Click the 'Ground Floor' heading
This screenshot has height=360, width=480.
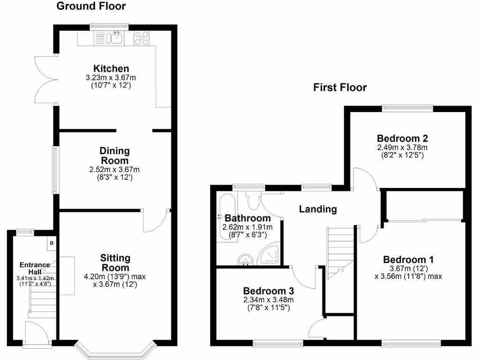click(91, 6)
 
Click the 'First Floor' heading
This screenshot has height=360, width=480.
click(340, 87)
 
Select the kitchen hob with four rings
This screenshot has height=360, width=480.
click(142, 38)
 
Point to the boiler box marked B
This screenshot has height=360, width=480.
click(52, 244)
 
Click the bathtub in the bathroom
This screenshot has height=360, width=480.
click(227, 216)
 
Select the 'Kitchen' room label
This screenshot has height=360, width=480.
click(111, 68)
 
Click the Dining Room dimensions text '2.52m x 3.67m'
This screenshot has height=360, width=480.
click(114, 170)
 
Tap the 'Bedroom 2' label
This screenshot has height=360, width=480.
click(402, 138)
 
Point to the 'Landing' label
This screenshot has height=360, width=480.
click(318, 209)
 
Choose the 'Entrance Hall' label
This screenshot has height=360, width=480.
click(35, 268)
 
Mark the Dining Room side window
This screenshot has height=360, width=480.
click(55, 170)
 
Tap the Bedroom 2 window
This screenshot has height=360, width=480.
click(407, 107)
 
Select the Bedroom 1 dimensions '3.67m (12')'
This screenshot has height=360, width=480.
click(408, 269)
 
